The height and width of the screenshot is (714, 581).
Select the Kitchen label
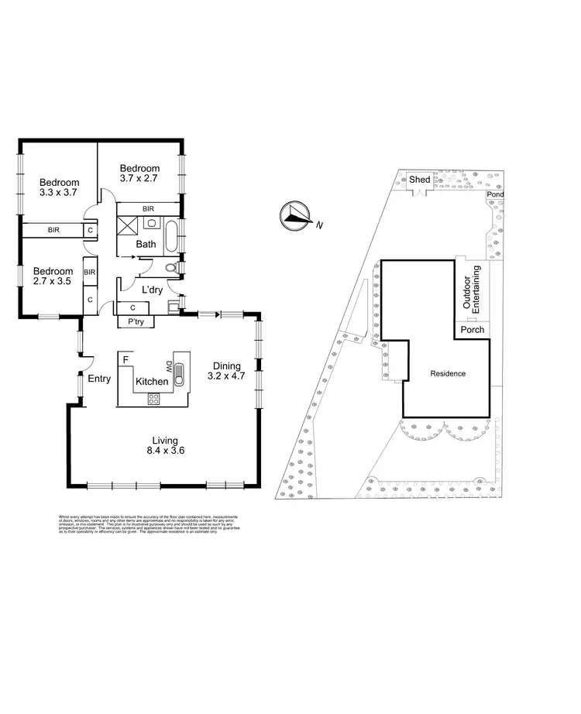tap(151, 382)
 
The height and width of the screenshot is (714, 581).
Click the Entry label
tap(98, 379)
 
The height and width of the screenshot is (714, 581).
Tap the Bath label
tap(146, 244)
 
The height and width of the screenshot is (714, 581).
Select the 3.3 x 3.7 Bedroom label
tap(59, 188)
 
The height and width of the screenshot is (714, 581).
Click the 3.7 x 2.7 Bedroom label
tap(139, 173)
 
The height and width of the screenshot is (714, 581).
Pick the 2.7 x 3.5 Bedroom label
tap(53, 276)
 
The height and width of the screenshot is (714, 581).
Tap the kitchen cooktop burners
tap(153, 400)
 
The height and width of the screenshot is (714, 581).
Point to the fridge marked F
tap(123, 359)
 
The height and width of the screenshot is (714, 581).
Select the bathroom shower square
tap(126, 227)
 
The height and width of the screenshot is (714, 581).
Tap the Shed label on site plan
tap(420, 180)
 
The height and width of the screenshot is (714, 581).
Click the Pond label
tap(494, 195)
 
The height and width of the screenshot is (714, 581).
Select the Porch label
tap(472, 330)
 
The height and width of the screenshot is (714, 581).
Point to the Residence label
tap(448, 373)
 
